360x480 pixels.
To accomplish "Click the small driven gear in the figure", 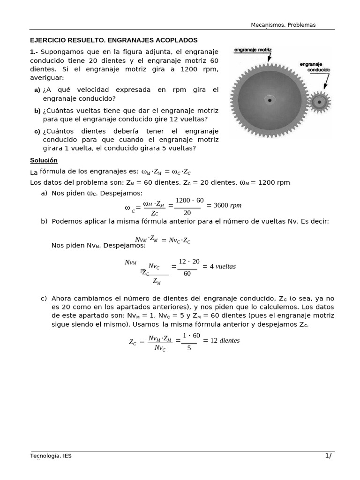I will pyautogui.click(x=321, y=101).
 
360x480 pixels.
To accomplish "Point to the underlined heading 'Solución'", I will pyautogui.click(x=44, y=160).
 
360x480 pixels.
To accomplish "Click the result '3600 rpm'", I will pyautogui.click(x=227, y=205).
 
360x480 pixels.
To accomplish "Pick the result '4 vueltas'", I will pyautogui.click(x=223, y=266).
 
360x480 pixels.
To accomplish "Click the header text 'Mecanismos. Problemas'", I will pyautogui.click(x=283, y=25).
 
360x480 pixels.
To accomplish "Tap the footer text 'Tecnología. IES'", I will pyautogui.click(x=51, y=456).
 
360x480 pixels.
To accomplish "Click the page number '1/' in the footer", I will pyautogui.click(x=328, y=456).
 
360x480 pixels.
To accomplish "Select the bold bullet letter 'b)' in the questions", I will pyautogui.click(x=37, y=111).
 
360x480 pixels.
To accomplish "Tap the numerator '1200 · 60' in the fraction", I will pyautogui.click(x=189, y=200).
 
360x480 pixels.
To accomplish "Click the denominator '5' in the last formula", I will pyautogui.click(x=189, y=348).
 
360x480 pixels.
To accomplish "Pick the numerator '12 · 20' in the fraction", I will pyautogui.click(x=189, y=261).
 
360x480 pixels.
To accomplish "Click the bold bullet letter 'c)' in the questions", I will pyautogui.click(x=37, y=132).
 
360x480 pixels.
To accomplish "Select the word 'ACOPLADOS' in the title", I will pyautogui.click(x=176, y=40).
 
